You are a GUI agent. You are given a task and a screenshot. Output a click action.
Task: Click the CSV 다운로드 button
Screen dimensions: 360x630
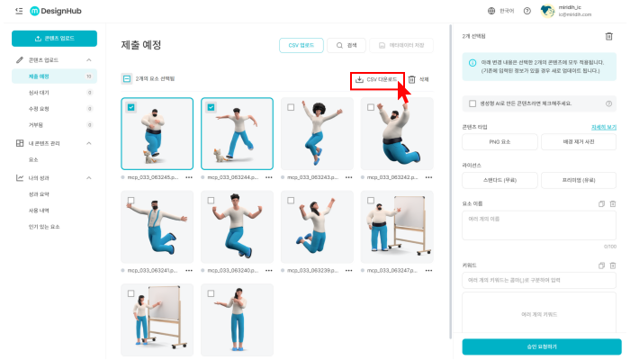[x=376, y=79]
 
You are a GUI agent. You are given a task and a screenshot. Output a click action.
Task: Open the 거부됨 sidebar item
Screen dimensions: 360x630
[x=35, y=123]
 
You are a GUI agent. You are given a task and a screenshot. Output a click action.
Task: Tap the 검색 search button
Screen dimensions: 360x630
[x=346, y=44]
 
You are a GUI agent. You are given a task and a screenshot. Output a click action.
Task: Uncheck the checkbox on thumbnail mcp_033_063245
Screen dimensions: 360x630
[x=131, y=107]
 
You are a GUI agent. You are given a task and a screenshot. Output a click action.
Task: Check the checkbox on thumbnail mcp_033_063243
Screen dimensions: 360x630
[x=291, y=107]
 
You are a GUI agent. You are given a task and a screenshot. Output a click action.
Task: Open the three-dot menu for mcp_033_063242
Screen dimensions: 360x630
[x=428, y=177]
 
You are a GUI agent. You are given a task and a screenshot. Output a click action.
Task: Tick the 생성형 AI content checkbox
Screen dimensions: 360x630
[x=472, y=103]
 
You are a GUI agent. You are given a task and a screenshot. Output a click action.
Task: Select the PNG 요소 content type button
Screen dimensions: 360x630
[x=499, y=142]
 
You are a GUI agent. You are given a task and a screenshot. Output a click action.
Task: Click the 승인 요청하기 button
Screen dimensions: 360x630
[x=541, y=346]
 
